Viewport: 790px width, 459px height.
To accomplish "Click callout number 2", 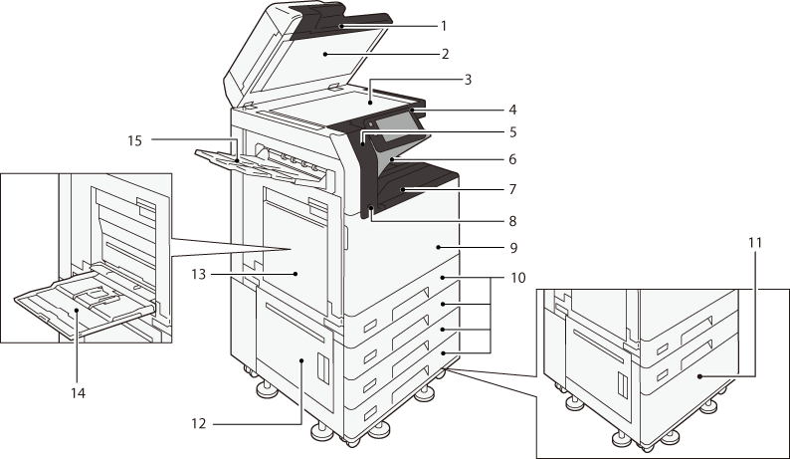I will (x=447, y=53).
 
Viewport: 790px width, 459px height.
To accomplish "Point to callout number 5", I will (x=512, y=131).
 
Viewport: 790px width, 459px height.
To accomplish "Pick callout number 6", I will (x=512, y=158).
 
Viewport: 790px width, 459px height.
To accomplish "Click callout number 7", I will (x=512, y=188).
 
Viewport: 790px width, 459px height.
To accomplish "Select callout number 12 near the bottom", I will (x=199, y=423).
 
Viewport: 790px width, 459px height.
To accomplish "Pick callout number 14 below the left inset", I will (x=78, y=392).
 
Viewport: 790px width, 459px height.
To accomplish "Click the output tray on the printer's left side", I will (x=249, y=164).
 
